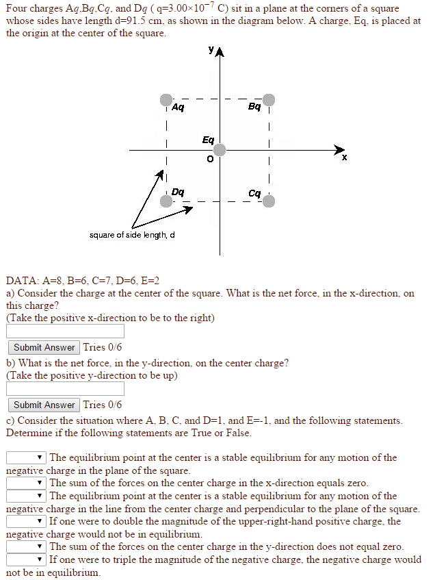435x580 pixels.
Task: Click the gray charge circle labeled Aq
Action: (x=166, y=100)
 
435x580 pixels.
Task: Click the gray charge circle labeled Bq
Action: (x=269, y=100)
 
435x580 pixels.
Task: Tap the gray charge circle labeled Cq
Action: (x=269, y=201)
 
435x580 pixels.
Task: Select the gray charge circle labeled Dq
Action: (x=166, y=201)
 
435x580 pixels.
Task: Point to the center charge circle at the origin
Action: (x=220, y=150)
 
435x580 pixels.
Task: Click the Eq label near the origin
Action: (x=208, y=140)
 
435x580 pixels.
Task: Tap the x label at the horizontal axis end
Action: (x=344, y=158)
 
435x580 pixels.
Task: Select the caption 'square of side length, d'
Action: (x=132, y=236)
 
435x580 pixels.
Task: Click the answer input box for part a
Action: (x=65, y=331)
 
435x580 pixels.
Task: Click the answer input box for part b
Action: (x=65, y=389)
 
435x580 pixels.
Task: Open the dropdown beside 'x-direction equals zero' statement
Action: (x=26, y=483)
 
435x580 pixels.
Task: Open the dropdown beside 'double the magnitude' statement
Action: (x=26, y=521)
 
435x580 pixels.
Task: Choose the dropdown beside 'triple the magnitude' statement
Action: (x=26, y=559)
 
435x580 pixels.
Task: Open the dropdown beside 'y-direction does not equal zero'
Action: (x=26, y=546)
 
